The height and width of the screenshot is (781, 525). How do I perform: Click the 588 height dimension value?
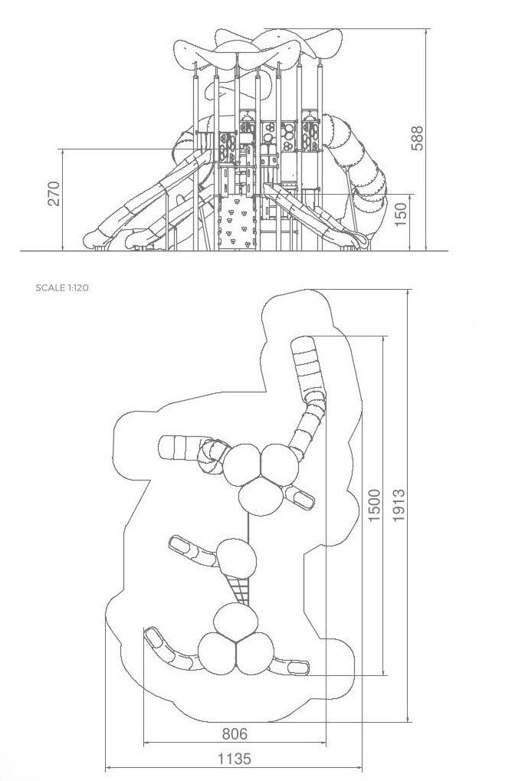pos(417,138)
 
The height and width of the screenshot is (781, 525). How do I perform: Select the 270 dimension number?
pos(54,194)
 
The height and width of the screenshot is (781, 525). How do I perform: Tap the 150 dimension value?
pos(401,214)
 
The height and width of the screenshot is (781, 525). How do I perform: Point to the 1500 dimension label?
pos(374,506)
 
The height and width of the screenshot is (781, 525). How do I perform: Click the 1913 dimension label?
pos(399,506)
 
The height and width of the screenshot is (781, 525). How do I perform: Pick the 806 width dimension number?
pos(234,733)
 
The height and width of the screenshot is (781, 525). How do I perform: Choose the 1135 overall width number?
pos(234,759)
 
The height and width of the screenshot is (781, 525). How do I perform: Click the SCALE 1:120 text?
pos(62,287)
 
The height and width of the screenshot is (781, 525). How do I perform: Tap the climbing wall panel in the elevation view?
pos(238,222)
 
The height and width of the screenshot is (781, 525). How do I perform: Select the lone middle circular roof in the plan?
pos(237,559)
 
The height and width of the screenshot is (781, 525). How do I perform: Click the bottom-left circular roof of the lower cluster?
pos(218,653)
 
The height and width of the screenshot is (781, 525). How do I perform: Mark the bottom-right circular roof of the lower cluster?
pos(254,653)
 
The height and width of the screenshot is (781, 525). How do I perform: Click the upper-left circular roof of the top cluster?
pos(241,464)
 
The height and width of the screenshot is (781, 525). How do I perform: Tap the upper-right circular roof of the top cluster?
pos(280,464)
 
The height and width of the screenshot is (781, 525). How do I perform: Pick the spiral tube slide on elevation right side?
pos(359,174)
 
